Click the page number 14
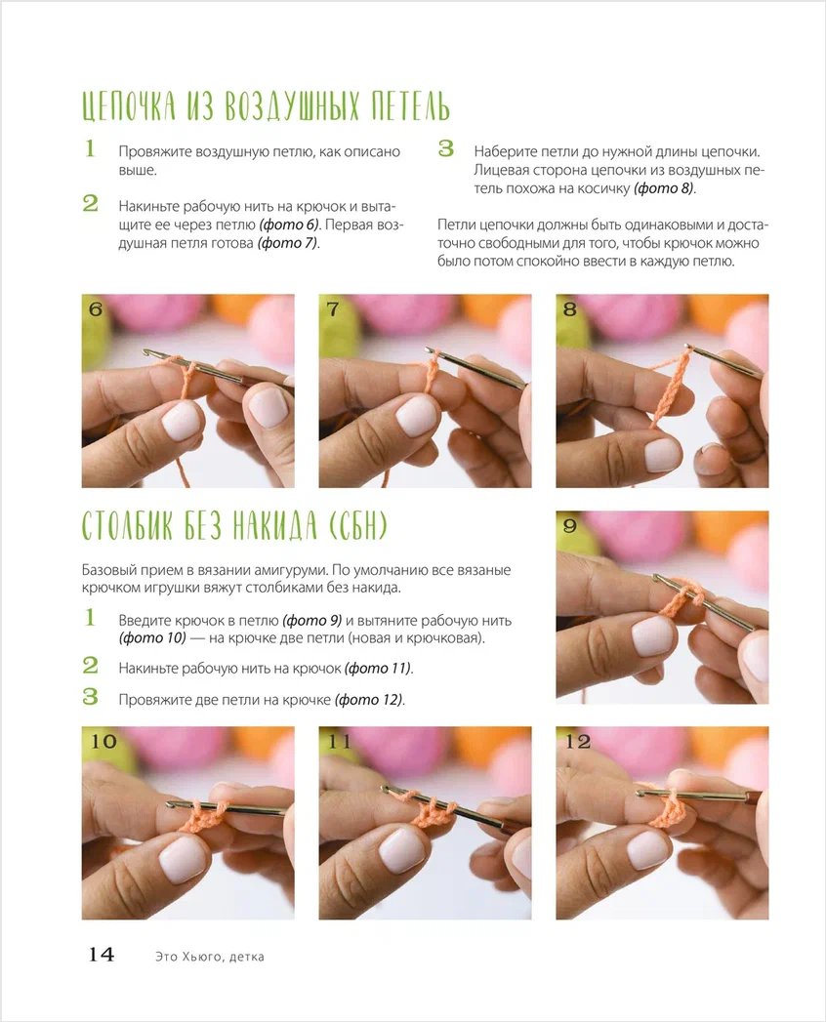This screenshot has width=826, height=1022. coord(101,955)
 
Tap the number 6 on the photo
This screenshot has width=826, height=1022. coord(96,309)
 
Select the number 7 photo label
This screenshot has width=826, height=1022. coord(333,309)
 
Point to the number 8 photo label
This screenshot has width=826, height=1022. coord(570,309)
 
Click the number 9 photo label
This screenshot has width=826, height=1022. coord(570,525)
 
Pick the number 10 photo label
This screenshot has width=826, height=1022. coord(103,741)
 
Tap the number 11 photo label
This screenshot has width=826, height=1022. coord(340,741)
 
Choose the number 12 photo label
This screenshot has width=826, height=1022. coord(578,741)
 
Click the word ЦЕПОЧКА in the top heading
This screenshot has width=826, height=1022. coord(129,106)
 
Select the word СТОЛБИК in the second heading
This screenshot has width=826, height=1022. coord(127,526)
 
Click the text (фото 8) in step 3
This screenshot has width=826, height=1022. coord(664,188)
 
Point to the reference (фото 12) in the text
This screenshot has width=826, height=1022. coord(370,699)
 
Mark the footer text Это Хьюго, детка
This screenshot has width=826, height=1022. coord(210,957)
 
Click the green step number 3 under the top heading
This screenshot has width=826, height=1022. coord(446,148)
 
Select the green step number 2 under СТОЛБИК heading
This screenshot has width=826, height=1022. coord(90,665)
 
